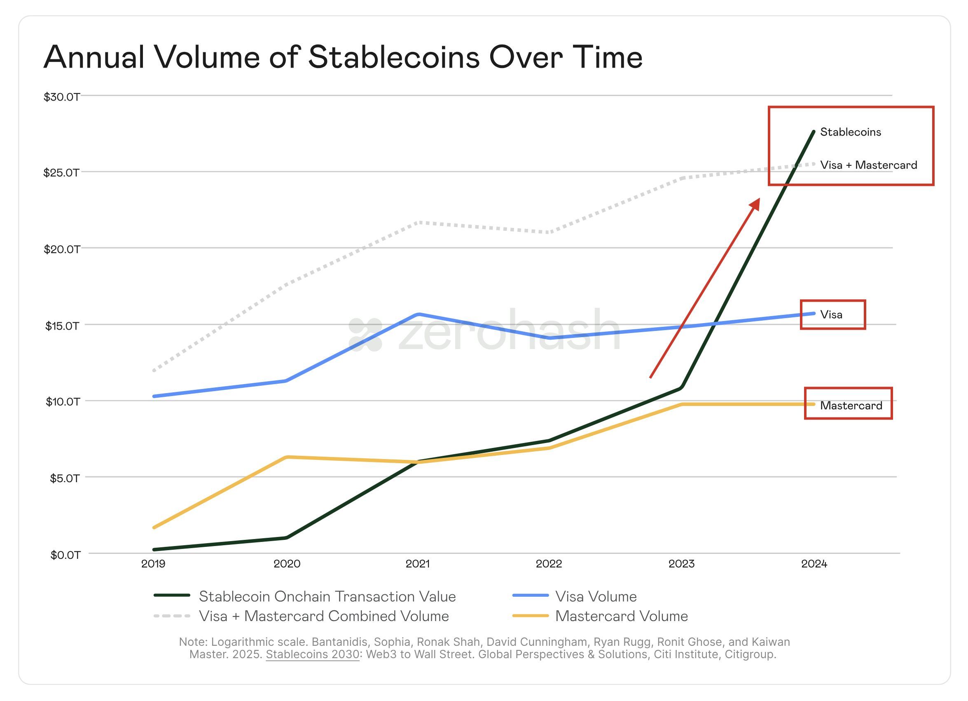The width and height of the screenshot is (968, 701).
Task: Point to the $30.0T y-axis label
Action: (62, 96)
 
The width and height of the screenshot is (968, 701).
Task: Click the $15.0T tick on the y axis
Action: (62, 326)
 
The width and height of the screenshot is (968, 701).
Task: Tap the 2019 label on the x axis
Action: (153, 564)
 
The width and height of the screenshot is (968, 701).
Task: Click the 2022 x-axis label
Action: (549, 564)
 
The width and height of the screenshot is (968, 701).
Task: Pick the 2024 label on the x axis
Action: (814, 564)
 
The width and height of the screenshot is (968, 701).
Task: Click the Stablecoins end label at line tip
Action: (850, 132)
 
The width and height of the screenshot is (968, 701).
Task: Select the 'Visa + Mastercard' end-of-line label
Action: (868, 165)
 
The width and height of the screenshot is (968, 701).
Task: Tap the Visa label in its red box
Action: (831, 314)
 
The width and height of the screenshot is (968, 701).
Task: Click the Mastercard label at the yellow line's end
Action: (851, 406)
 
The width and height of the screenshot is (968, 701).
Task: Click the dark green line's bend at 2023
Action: (682, 387)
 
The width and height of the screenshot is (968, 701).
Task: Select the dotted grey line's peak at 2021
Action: (420, 223)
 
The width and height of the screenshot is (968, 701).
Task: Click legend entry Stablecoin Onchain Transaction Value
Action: (327, 596)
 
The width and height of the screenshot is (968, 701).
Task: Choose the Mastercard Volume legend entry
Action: (621, 616)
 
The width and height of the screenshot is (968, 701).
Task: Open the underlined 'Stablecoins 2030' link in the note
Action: (312, 654)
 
